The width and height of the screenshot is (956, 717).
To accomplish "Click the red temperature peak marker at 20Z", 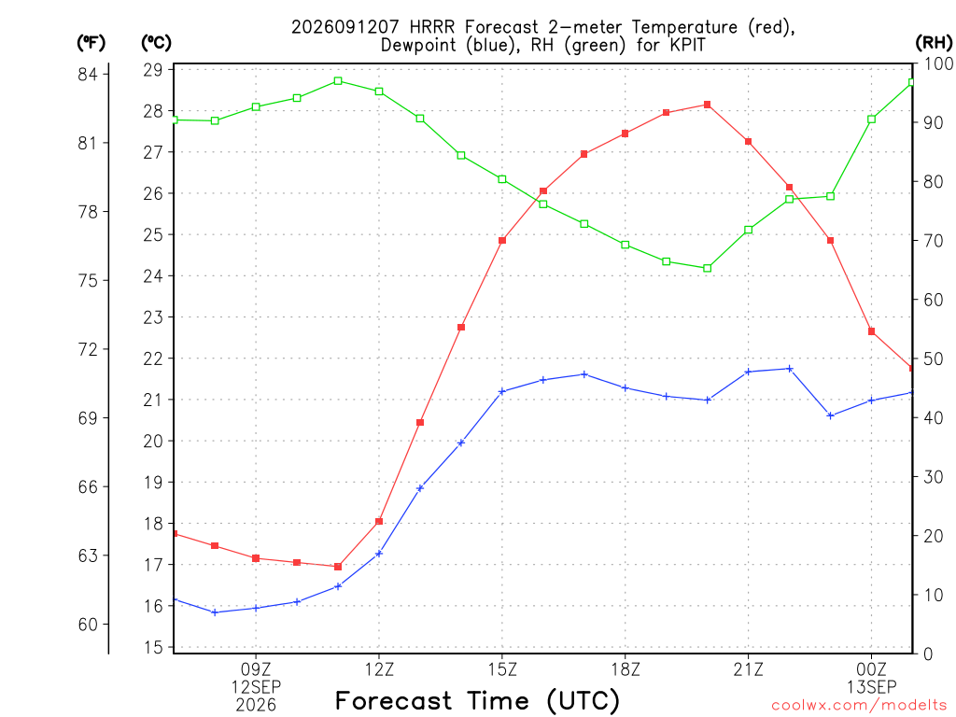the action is pos(708,105).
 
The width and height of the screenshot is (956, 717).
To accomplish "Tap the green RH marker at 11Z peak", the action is pos(338,81).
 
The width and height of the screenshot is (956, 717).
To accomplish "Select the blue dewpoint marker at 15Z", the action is pos(502,391).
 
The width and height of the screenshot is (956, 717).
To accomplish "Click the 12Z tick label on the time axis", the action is pos(379,670).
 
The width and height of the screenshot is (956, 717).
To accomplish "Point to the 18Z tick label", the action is pos(626,670).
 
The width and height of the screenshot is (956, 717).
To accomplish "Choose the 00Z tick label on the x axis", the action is pos(872,670).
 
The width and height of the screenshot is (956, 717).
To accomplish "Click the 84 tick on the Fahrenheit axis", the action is pos(88,75).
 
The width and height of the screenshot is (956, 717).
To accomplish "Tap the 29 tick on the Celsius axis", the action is pos(153,70).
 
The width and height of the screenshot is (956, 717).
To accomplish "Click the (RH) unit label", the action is pos(934,43).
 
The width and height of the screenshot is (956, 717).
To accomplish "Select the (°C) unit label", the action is pos(157,43).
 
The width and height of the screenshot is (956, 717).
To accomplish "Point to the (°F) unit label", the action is pos(91,43).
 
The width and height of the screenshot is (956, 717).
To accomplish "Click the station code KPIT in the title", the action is pos(687,46).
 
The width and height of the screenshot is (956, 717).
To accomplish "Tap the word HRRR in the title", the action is pos(431,27).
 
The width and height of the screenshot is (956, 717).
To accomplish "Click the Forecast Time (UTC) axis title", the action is pos(477,701).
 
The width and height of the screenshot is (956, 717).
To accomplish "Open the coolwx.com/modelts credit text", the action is pos(859,706).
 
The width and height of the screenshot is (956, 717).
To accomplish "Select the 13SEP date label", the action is pos(872,687).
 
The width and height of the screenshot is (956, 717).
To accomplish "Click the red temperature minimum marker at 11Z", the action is pos(338,567).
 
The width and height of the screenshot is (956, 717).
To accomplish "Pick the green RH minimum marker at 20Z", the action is pos(708,268).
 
